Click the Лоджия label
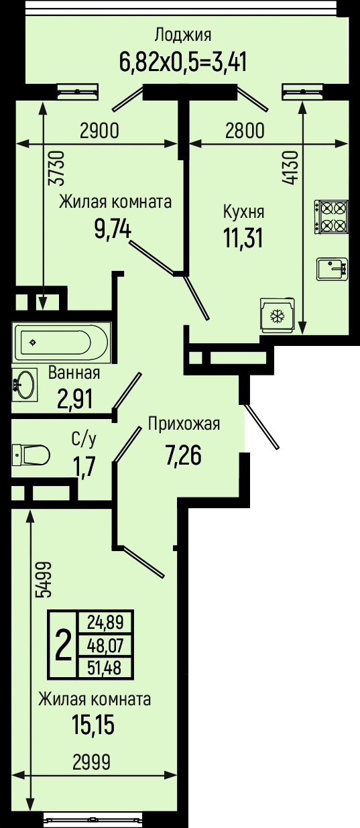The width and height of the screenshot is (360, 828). pyautogui.click(x=182, y=35)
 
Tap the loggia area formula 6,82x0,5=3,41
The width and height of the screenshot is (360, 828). pyautogui.click(x=182, y=62)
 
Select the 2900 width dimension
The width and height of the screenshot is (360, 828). pyautogui.click(x=100, y=131)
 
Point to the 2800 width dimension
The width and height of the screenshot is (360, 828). pyautogui.click(x=245, y=131)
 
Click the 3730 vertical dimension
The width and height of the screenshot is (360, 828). pyautogui.click(x=58, y=168)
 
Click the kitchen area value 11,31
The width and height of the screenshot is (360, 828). pyautogui.click(x=243, y=237)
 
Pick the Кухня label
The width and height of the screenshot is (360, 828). pyautogui.click(x=243, y=212)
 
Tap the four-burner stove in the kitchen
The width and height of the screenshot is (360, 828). pyautogui.click(x=331, y=217)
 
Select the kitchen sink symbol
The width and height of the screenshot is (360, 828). pyautogui.click(x=332, y=269)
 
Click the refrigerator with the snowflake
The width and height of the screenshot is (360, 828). pyautogui.click(x=278, y=314)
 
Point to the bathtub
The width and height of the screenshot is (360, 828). pyautogui.click(x=62, y=343)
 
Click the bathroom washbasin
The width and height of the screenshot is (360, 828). pyautogui.click(x=24, y=384)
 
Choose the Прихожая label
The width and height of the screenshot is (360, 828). pyautogui.click(x=184, y=424)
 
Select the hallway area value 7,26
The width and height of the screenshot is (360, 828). pyautogui.click(x=184, y=455)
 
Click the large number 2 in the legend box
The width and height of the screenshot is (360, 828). pyautogui.click(x=63, y=645)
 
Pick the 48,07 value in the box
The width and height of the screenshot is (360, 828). pyautogui.click(x=105, y=646)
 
